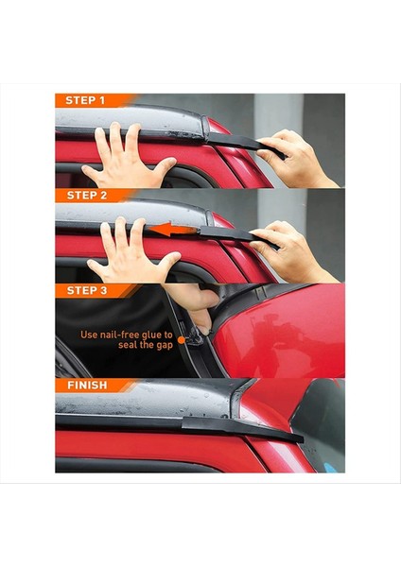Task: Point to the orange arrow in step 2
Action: coord(182,229)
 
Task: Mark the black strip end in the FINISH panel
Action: coord(284,434)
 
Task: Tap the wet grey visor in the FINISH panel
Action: coord(142,404)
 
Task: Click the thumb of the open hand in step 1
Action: coord(166,166)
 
